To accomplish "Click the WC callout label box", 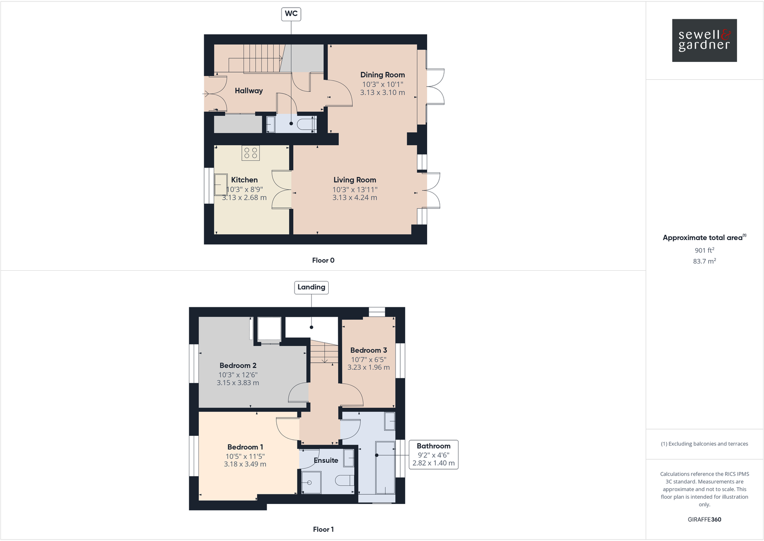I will click(x=291, y=14).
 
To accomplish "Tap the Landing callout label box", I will click(x=311, y=287).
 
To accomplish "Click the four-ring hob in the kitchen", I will click(x=251, y=153).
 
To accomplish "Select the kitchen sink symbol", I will click(x=221, y=184).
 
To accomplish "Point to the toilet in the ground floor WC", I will click(x=306, y=124).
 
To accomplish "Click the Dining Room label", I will click(x=382, y=75).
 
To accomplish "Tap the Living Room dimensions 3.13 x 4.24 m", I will click(x=355, y=198).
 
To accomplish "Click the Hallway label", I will click(x=248, y=91).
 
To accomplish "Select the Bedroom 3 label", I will click(x=369, y=350).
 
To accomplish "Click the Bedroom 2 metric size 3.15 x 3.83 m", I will click(x=238, y=383).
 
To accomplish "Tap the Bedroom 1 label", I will click(x=245, y=447).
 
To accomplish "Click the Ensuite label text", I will click(x=326, y=460).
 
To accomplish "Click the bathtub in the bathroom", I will click(x=385, y=468).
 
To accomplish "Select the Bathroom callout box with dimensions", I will click(x=433, y=455).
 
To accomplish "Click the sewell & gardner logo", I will click(x=704, y=40).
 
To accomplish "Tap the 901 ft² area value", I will click(x=704, y=250).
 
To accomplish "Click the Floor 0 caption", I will click(x=323, y=260).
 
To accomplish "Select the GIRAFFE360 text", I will click(x=704, y=519).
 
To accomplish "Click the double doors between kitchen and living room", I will click(x=282, y=190).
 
